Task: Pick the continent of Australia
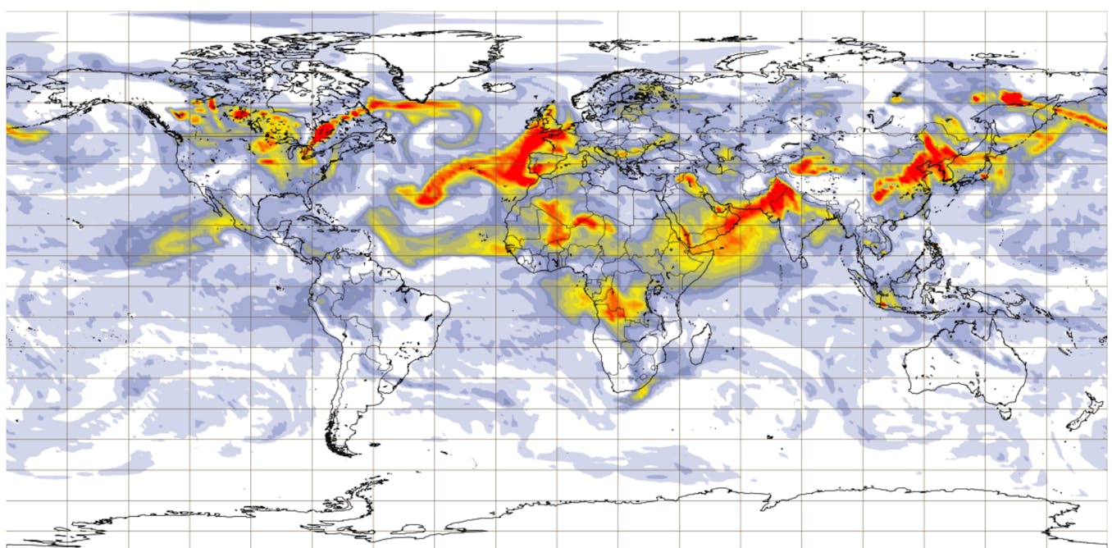coord(968,361)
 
